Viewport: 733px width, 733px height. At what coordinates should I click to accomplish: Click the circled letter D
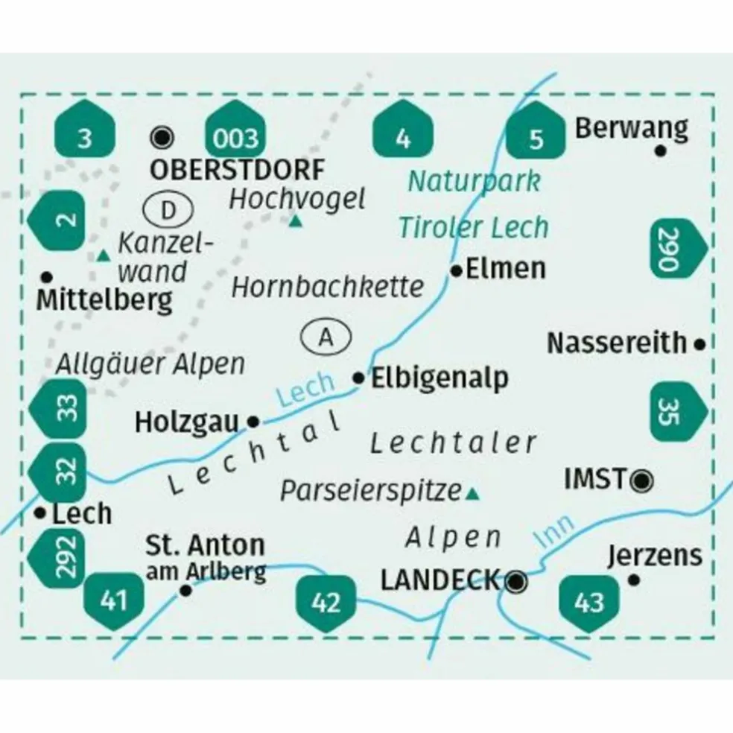coord(169,211)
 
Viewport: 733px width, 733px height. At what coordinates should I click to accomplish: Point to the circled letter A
coord(326,337)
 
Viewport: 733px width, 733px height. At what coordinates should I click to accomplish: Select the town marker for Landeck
coord(515,580)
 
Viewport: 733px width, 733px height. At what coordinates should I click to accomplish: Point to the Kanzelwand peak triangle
coord(103,257)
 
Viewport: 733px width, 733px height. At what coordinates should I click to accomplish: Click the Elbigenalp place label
coord(440,378)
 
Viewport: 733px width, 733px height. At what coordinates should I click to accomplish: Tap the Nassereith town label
coord(617,343)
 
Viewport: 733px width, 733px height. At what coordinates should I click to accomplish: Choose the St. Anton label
coord(206,545)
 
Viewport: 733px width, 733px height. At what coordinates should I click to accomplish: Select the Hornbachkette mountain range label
coord(328,286)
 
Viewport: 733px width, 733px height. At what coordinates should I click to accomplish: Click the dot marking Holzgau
coord(253,422)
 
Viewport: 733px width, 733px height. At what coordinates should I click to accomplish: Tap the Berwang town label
coord(631,129)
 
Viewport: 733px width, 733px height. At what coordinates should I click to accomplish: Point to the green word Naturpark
coord(474,180)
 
